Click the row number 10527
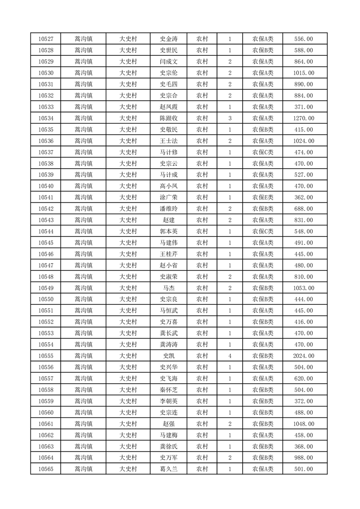click(x=45, y=39)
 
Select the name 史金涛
click(x=168, y=39)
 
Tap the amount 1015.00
click(x=303, y=73)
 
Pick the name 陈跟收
click(x=168, y=118)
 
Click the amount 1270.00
click(x=303, y=118)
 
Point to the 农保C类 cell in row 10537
click(x=263, y=152)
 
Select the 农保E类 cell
click(x=263, y=197)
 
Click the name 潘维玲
click(x=168, y=209)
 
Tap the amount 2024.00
click(x=303, y=356)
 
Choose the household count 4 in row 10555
click(x=230, y=356)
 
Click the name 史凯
click(x=168, y=356)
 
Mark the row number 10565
click(x=45, y=469)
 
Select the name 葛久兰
click(x=168, y=469)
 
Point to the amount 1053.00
click(x=303, y=288)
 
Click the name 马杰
click(x=168, y=288)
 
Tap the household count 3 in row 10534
click(x=230, y=118)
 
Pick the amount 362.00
click(x=303, y=197)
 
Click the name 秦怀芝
click(x=168, y=390)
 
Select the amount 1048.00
click(x=303, y=424)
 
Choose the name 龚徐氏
click(x=168, y=446)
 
